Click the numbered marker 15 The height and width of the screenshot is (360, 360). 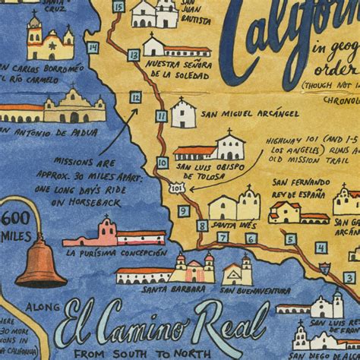click(117, 7)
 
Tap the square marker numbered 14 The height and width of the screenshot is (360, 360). click(93, 48)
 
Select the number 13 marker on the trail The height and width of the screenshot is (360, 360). click(134, 55)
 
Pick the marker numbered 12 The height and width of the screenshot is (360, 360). click(135, 97)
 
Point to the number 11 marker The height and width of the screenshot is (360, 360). click(162, 116)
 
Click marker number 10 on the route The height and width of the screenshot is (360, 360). click(163, 163)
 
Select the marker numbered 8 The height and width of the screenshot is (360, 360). click(202, 225)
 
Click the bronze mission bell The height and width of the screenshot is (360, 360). click(41, 261)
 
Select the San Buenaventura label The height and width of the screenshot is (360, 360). click(255, 290)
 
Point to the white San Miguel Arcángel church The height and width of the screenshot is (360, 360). click(184, 114)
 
